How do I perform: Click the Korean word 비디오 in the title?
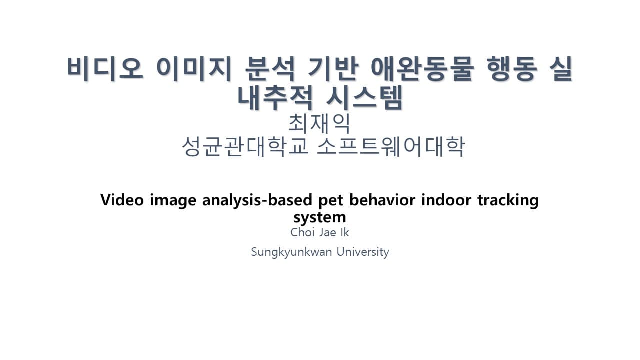105,69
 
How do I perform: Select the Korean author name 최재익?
319,123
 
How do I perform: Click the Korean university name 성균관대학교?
245,146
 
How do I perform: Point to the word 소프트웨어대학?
391,146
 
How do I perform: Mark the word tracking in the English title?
507,201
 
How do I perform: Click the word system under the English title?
320,217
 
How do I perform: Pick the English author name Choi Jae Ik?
320,232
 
